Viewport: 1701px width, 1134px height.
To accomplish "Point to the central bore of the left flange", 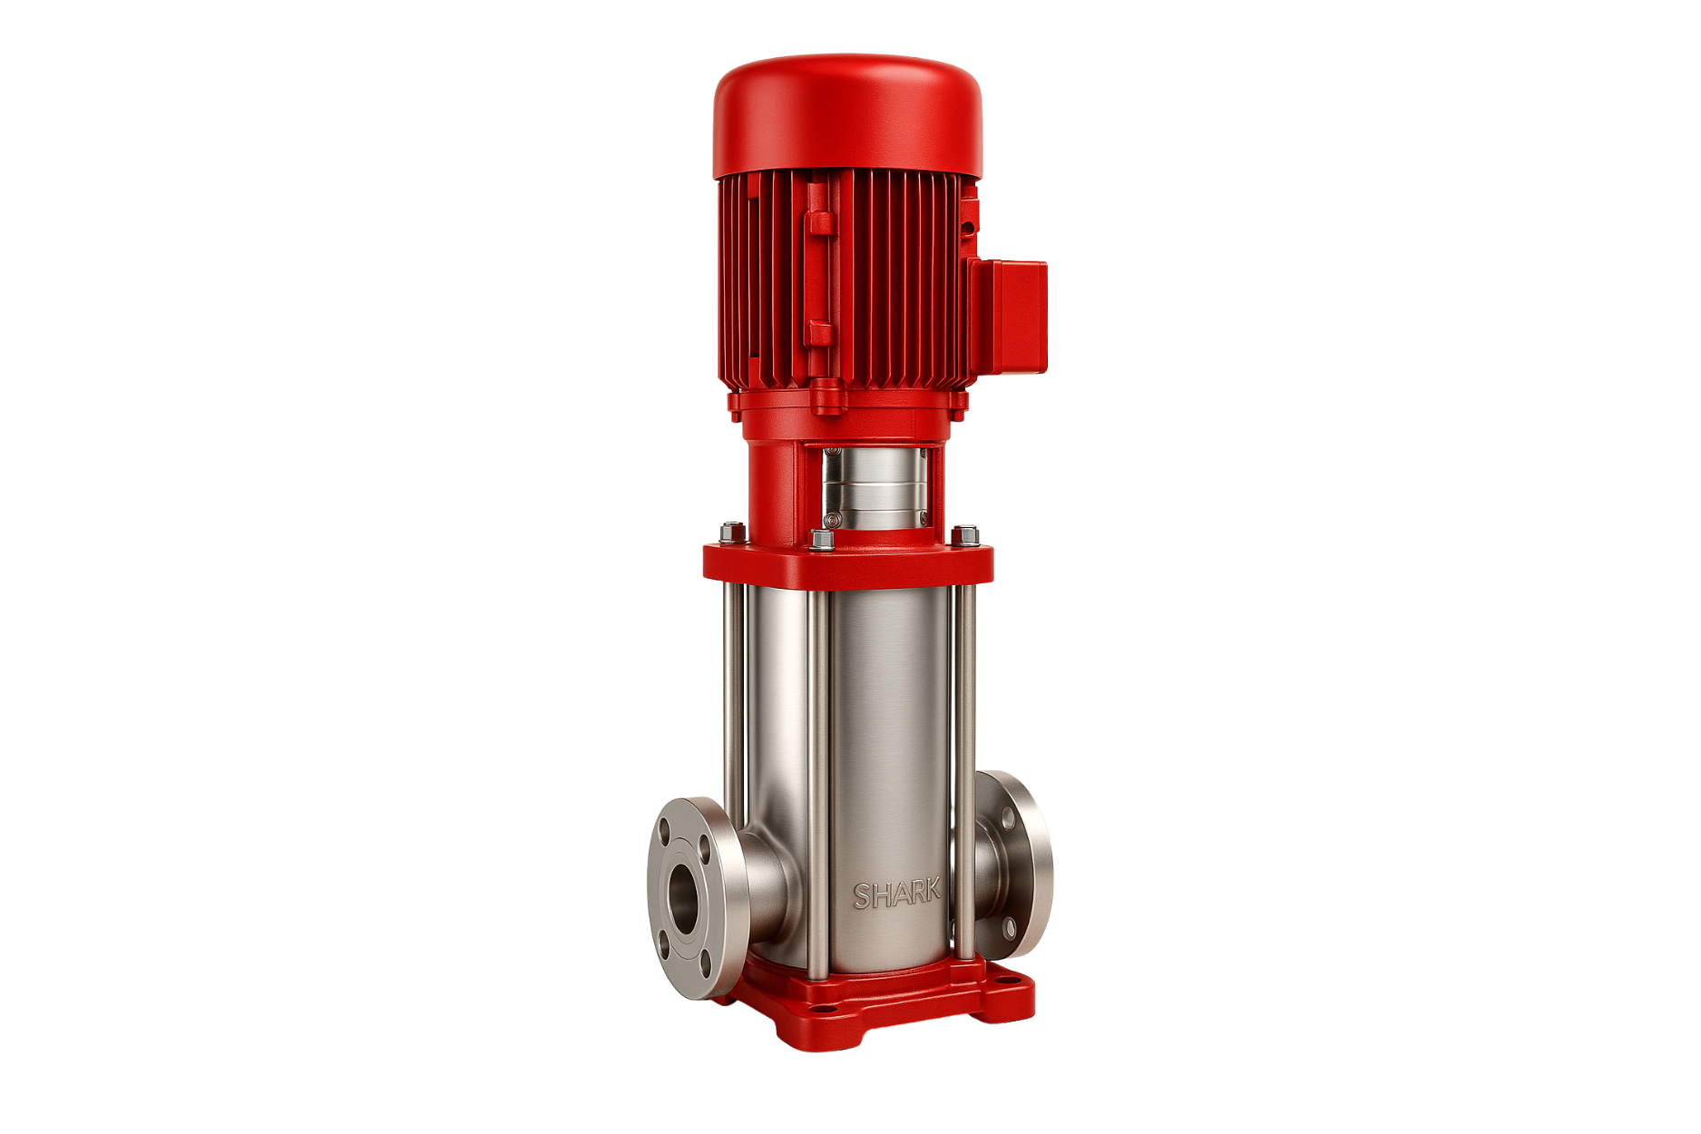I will coord(682,897).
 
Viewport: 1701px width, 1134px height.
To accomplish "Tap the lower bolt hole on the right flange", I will coord(1009,928).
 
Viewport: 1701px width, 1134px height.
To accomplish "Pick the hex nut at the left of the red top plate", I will coord(728,533).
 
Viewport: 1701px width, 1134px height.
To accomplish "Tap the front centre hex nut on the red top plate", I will coord(824,541).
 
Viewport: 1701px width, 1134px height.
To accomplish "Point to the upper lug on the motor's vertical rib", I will coord(819,222).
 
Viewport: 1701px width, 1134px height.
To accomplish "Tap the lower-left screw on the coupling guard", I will coord(829,521).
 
